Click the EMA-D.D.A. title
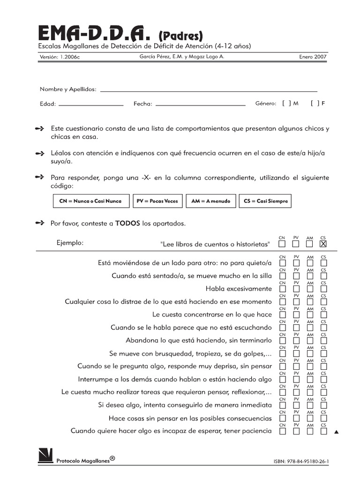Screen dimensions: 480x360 96,34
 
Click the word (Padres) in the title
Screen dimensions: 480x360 180,35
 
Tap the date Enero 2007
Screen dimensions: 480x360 313,57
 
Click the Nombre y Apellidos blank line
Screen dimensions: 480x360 209,90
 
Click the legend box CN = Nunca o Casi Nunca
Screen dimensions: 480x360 91,201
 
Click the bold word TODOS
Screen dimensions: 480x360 127,224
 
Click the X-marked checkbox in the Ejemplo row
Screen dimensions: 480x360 323,244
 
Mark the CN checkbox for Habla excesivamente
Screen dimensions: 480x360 282,289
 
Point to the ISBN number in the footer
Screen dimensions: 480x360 301,461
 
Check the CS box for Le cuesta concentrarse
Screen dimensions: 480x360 323,315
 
